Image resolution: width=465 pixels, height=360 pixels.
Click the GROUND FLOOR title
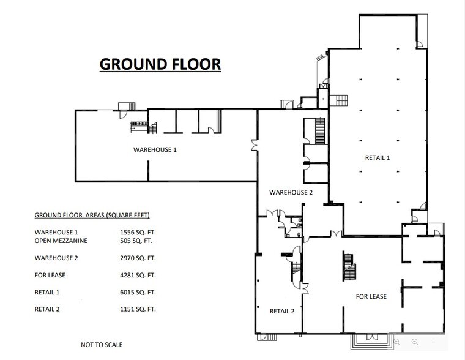click(160, 64)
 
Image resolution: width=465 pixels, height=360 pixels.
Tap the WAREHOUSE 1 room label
click(155, 149)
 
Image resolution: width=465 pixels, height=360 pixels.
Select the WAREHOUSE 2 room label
click(291, 193)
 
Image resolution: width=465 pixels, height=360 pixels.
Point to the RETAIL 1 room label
click(378, 157)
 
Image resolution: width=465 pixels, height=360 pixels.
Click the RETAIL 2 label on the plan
click(282, 311)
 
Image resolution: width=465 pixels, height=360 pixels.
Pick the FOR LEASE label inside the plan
click(371, 296)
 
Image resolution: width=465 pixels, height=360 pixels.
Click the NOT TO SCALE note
click(102, 345)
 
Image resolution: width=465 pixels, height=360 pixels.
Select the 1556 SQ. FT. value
click(138, 233)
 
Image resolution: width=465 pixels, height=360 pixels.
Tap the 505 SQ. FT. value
click(136, 241)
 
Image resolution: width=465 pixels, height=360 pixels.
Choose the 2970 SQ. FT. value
click(138, 258)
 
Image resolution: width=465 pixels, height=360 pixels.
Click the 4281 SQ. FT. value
click(138, 275)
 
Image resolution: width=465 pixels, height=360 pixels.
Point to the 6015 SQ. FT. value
click(138, 292)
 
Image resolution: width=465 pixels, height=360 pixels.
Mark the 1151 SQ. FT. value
click(138, 309)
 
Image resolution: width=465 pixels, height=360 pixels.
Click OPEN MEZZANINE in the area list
click(61, 241)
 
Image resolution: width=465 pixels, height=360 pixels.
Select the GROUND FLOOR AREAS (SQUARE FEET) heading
click(92, 215)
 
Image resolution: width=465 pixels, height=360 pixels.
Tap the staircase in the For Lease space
click(349, 266)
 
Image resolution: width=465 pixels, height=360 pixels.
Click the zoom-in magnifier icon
click(396, 342)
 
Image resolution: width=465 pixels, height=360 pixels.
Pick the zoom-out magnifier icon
click(415, 342)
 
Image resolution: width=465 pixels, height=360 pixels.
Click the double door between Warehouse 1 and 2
click(255, 146)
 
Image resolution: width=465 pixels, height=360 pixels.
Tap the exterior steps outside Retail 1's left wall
click(339, 100)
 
